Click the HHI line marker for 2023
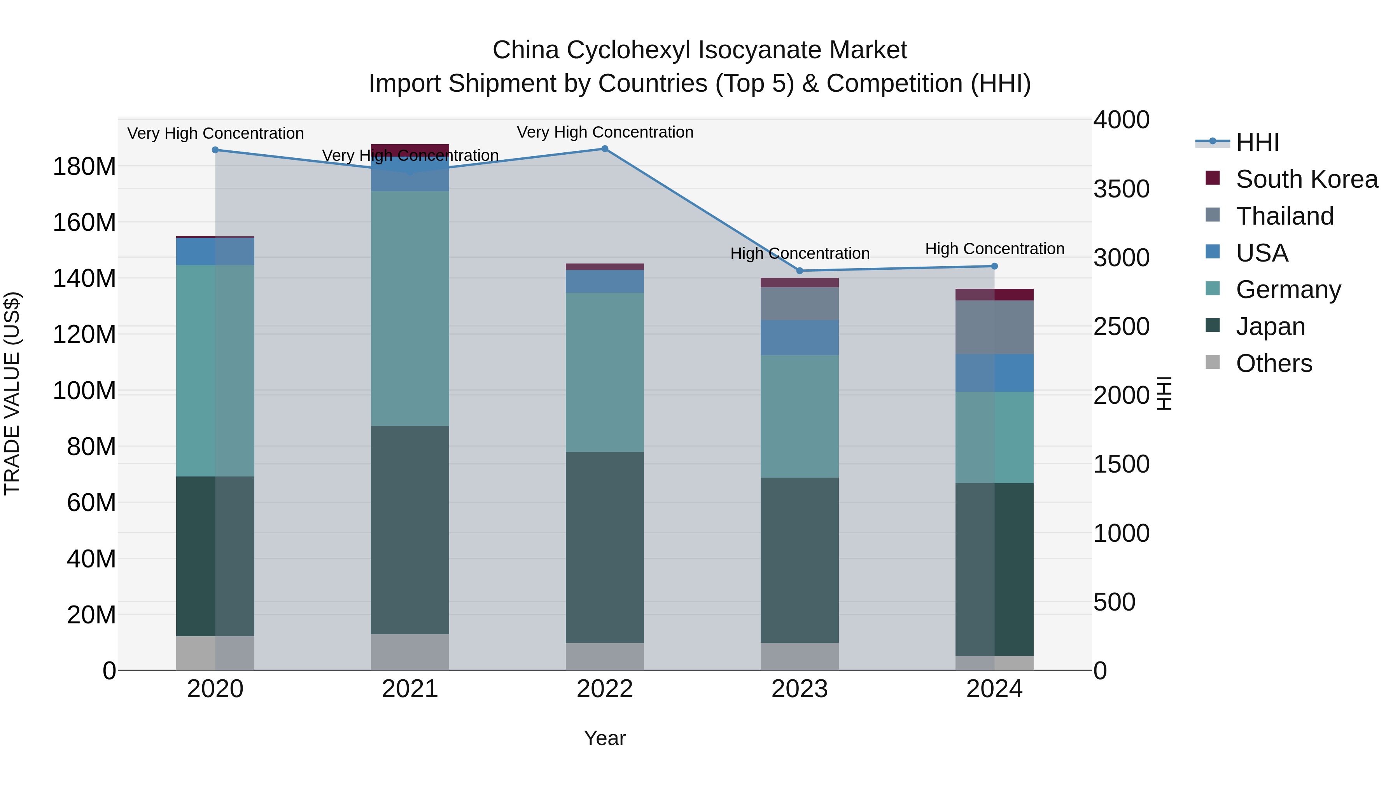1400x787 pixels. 800,270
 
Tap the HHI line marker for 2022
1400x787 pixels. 605,149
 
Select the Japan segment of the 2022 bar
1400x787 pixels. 605,548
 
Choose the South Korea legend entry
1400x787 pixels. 1307,179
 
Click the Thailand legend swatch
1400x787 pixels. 1213,215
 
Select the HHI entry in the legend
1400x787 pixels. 1257,142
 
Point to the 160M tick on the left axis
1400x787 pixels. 84,223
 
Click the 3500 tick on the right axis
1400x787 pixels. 1121,189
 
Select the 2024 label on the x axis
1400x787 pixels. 994,689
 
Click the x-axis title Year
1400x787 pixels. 604,738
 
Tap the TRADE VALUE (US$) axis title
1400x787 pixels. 12,393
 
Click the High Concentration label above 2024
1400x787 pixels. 994,249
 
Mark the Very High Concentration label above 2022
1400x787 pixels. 605,132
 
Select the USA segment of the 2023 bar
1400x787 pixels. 800,337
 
